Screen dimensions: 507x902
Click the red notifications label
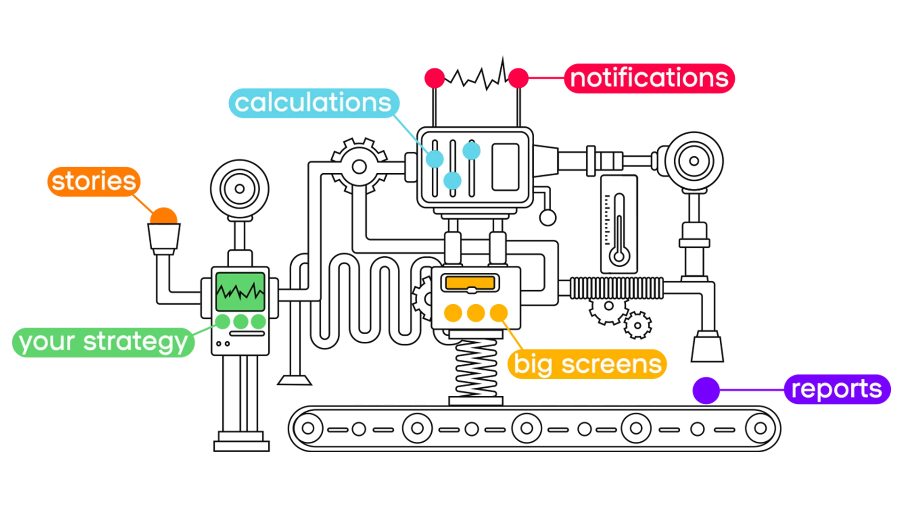[649, 78]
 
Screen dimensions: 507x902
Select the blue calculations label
[313, 103]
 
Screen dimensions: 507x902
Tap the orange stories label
[93, 181]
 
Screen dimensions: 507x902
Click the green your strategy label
[103, 342]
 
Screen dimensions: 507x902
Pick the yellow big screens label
[587, 364]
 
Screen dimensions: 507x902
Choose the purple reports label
[836, 389]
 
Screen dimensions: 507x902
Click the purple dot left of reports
[706, 390]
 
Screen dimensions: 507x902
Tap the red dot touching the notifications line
[518, 78]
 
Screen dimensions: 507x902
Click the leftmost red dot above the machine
[434, 78]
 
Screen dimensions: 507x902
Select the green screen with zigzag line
[240, 291]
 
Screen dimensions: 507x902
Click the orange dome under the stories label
[163, 216]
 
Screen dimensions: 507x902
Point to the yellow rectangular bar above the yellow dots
[470, 283]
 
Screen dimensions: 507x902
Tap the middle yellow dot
[475, 313]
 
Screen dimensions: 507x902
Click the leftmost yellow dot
[453, 313]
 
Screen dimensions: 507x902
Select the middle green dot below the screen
[241, 322]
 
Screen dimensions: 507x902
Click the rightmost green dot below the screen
[258, 322]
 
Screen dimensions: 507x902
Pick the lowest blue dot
[452, 180]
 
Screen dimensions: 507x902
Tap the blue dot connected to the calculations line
[435, 159]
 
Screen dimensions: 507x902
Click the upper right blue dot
[471, 151]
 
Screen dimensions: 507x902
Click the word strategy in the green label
[135, 342]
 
